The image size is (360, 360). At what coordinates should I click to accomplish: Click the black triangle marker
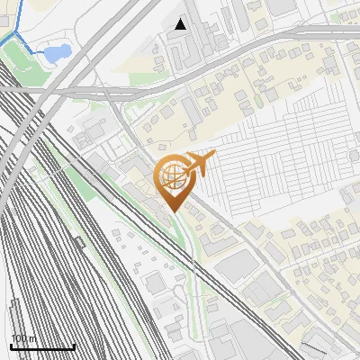click(181, 24)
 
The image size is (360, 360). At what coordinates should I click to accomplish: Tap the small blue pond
click(57, 54)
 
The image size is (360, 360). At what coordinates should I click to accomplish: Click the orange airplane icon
click(200, 164)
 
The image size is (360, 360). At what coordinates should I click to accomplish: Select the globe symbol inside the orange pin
click(172, 177)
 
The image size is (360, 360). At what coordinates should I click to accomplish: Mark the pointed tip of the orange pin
click(172, 213)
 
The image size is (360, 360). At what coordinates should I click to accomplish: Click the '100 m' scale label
click(23, 338)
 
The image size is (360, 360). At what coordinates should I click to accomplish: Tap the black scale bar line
click(42, 346)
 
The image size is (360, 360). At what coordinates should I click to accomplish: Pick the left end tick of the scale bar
click(11, 345)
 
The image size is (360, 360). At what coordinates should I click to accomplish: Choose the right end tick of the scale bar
click(74, 345)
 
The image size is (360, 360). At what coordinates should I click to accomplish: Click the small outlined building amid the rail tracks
click(79, 241)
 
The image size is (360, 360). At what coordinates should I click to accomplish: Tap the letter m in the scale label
click(32, 338)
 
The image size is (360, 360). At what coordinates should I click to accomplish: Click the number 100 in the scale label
click(19, 338)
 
